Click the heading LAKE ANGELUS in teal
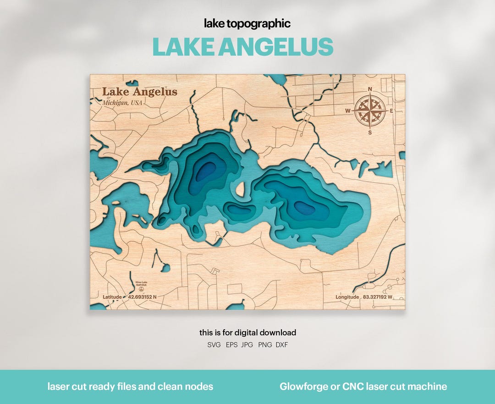pyautogui.click(x=242, y=47)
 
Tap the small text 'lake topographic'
pyautogui.click(x=247, y=24)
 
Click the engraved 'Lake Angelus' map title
pyautogui.click(x=139, y=92)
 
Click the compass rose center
pyautogui.click(x=370, y=111)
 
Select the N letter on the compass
pyautogui.click(x=370, y=89)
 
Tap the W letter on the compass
pyautogui.click(x=348, y=111)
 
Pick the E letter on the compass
pyautogui.click(x=391, y=111)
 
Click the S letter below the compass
pyautogui.click(x=370, y=133)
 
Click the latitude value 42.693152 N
pyautogui.click(x=142, y=297)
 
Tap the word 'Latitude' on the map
pyautogui.click(x=112, y=297)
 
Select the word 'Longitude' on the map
pyautogui.click(x=347, y=297)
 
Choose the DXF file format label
pyautogui.click(x=282, y=344)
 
